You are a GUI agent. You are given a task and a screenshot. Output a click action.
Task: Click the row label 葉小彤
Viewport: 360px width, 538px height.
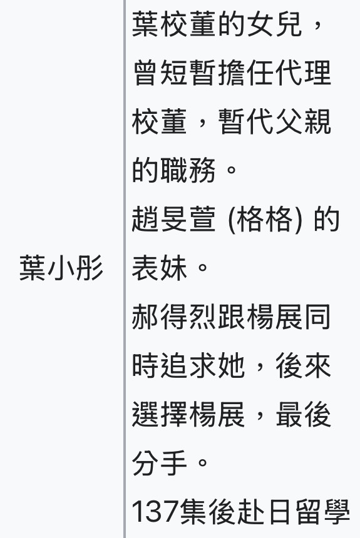[61, 268]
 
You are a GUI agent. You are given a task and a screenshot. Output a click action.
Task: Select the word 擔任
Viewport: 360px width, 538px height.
[247, 73]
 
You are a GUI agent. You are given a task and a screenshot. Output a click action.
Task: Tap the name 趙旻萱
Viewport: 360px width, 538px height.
[174, 219]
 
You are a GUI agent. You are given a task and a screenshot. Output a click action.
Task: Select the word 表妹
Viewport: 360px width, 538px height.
[160, 268]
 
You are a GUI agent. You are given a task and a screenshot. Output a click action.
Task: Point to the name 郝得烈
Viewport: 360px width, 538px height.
[174, 317]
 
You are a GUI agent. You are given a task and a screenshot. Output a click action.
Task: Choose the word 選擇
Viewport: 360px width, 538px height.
[160, 414]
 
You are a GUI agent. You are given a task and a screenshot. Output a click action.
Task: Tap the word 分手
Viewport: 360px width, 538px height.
[160, 463]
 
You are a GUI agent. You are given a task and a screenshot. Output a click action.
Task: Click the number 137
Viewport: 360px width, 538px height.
[155, 512]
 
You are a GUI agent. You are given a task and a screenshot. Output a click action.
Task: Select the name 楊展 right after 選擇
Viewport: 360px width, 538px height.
[217, 414]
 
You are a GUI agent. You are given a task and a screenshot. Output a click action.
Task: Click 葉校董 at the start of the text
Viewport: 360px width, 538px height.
[174, 24]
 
